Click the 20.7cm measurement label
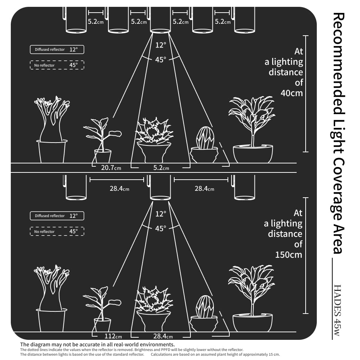111,167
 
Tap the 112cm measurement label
113,336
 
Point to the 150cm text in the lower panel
288,255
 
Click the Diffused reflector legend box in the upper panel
57,49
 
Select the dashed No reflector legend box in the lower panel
57,231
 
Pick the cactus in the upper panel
205,139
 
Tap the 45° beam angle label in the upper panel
161,60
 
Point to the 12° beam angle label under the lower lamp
161,214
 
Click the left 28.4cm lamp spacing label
119,188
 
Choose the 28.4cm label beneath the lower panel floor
163,336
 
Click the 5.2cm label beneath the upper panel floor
161,167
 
